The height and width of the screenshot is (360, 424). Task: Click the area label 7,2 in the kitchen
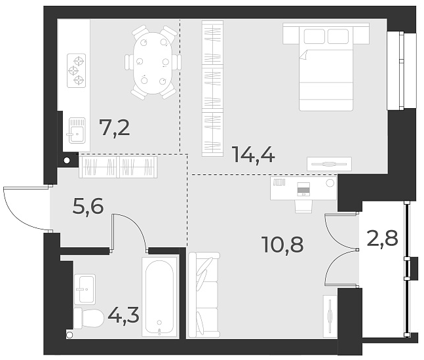point(114,127)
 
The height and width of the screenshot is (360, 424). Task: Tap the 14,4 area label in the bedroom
point(253,155)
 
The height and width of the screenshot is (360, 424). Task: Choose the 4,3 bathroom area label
point(123,316)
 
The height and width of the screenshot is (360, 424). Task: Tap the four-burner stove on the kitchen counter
point(77,71)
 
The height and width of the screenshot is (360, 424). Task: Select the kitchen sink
point(76,130)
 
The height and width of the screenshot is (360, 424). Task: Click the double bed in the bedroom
point(326,69)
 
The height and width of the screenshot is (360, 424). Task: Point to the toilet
point(87,319)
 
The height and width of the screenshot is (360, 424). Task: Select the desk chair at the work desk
point(303,204)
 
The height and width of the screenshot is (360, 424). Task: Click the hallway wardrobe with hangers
point(119,167)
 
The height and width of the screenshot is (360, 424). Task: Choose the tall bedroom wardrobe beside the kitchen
point(212,89)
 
